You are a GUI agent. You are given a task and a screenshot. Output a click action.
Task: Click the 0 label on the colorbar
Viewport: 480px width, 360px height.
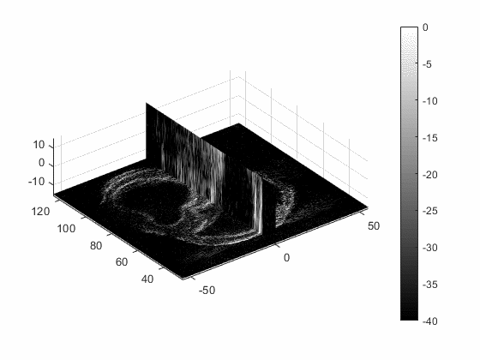(x=425, y=27)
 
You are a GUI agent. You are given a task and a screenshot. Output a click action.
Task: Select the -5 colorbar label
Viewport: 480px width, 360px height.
(x=427, y=64)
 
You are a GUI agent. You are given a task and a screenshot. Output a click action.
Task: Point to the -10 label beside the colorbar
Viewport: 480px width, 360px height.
(x=429, y=101)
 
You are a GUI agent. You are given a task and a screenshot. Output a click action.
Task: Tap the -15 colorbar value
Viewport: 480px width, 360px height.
(x=429, y=138)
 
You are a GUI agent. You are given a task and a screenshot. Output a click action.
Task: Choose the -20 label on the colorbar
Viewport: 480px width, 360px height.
(x=429, y=175)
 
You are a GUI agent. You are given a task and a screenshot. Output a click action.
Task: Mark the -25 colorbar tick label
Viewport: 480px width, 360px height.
(x=429, y=211)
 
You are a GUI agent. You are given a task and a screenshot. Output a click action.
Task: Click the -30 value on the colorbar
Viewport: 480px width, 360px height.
(x=429, y=248)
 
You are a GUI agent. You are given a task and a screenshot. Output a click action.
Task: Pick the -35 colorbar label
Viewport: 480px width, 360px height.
(x=429, y=285)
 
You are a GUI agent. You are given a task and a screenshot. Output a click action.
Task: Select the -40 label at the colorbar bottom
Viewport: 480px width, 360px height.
(x=429, y=321)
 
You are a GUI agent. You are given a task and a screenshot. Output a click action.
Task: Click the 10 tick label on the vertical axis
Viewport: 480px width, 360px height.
(x=39, y=145)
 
